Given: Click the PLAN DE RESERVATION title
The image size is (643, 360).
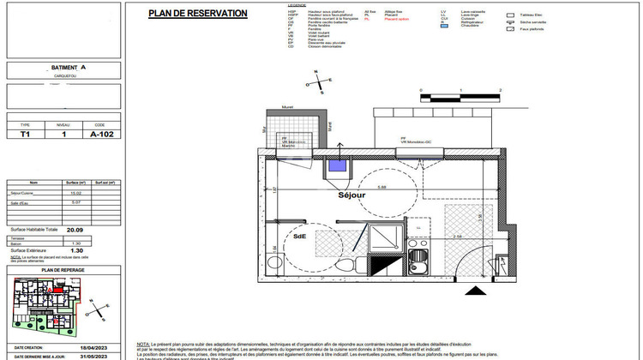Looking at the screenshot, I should (198, 14).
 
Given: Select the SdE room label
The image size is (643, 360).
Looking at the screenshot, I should (300, 237).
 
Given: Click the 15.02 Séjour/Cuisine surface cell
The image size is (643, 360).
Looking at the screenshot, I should (76, 193).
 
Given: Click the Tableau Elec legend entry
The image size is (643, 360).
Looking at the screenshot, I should (531, 15).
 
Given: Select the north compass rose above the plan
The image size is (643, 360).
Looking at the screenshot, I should (319, 83).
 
